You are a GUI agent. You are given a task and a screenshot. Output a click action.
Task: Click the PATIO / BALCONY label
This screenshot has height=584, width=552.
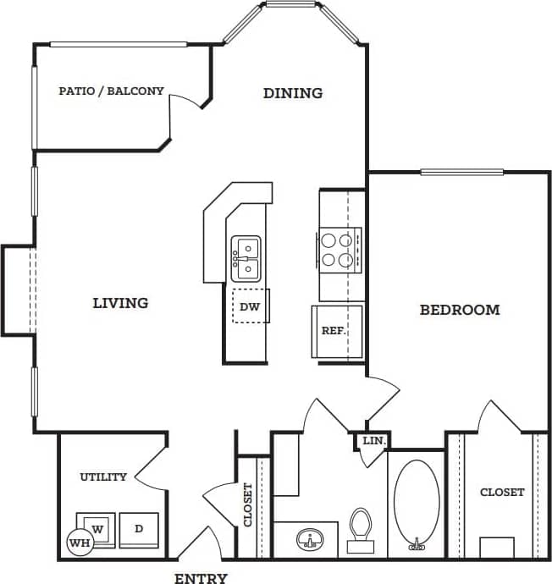111,91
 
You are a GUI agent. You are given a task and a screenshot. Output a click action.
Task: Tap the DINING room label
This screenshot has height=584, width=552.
293,93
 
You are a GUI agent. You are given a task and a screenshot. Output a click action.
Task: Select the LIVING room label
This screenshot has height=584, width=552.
120,302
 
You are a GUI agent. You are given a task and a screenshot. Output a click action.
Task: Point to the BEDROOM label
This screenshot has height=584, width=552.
460,310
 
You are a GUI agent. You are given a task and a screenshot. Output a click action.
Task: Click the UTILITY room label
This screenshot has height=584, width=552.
103,477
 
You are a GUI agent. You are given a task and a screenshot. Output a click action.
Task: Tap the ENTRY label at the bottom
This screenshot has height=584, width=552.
201,579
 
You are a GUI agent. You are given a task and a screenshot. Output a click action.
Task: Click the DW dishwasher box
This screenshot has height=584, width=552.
250,306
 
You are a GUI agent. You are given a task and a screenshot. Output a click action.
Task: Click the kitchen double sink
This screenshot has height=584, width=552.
246,259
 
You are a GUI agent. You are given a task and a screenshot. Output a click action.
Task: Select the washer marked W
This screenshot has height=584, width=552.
97,529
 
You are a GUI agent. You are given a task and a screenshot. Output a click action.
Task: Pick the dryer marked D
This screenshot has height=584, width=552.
139,529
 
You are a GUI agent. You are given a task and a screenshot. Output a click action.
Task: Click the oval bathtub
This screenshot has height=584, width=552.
417,499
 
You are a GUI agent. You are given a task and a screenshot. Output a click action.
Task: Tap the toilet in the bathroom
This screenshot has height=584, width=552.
362,528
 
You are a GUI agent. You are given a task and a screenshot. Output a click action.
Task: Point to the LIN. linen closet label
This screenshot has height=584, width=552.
373,441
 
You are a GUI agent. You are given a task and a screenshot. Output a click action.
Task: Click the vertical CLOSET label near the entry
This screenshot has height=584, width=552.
249,505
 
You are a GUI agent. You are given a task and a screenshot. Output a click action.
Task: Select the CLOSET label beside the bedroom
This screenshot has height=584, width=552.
502,492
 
